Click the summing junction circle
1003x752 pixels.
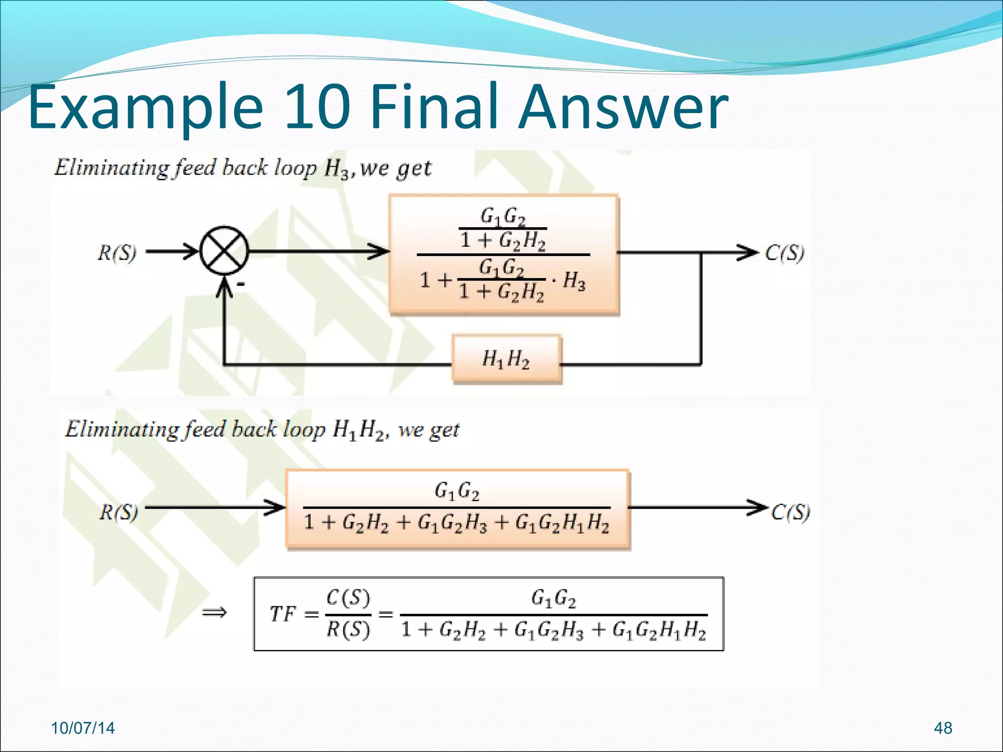(x=224, y=252)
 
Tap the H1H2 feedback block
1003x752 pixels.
(x=506, y=359)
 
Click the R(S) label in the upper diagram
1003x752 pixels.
(x=117, y=253)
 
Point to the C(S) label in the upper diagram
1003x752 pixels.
(x=785, y=253)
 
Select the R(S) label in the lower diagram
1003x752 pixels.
(x=119, y=513)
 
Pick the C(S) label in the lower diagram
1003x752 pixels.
(x=790, y=513)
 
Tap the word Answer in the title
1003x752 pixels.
(x=623, y=107)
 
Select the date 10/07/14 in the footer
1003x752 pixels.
(x=83, y=728)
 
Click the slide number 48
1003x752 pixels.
(x=943, y=728)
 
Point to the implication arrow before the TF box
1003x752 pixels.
(x=215, y=612)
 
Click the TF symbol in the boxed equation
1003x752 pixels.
(x=283, y=613)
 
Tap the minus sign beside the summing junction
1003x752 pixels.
(x=241, y=284)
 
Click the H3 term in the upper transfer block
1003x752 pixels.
(x=574, y=281)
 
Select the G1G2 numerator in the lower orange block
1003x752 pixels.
(x=457, y=491)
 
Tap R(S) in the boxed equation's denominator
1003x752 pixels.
(x=348, y=629)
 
